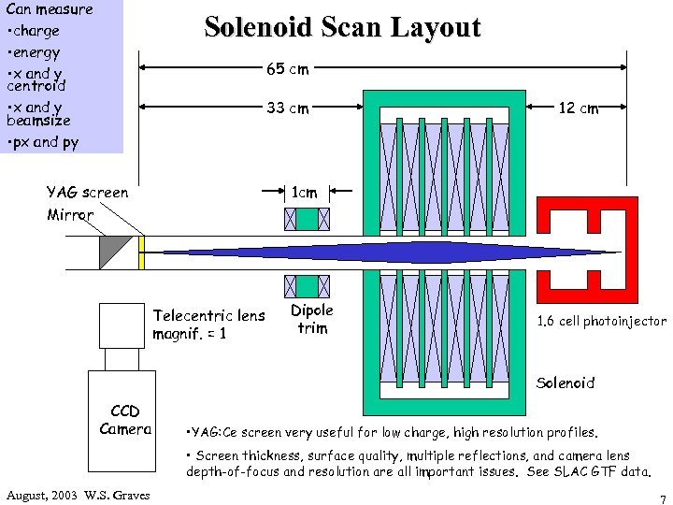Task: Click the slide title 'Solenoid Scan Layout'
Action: (342, 27)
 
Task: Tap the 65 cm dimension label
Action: (287, 68)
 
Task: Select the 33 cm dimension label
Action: (287, 108)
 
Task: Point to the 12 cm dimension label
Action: (578, 108)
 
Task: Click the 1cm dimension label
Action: (305, 192)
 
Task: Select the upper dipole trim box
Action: (307, 219)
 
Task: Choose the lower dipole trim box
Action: (307, 284)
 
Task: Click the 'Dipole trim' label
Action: (311, 318)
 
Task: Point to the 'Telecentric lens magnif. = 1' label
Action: (208, 324)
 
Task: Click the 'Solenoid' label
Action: (566, 382)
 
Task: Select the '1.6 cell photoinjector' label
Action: (601, 321)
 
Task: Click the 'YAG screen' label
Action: (88, 193)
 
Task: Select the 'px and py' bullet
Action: (44, 142)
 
